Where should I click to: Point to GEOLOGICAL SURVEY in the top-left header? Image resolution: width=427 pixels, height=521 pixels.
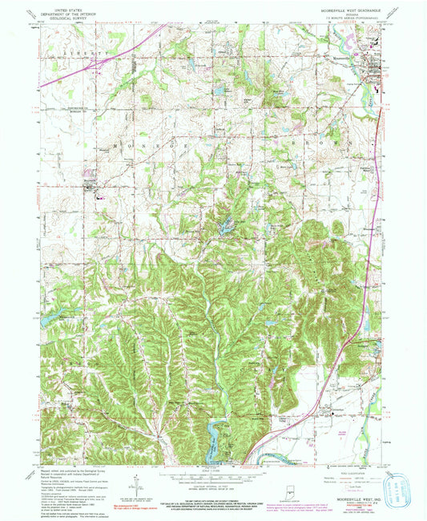(x=67, y=16)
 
